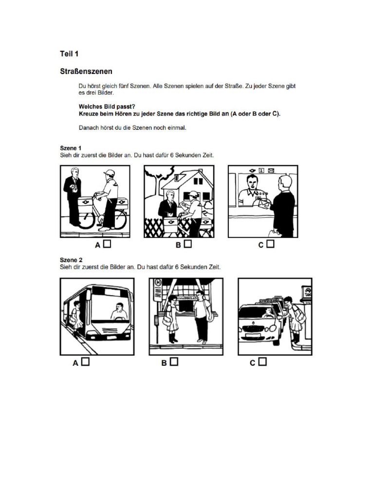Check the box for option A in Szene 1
tap(107, 245)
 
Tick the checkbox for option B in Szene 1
tap(188, 245)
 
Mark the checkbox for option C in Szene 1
tap(271, 245)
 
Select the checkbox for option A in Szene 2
tap(85, 362)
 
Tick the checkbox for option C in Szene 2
tap(262, 362)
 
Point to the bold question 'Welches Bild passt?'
tap(106, 106)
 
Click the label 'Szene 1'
tap(70, 148)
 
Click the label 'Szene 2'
tap(70, 260)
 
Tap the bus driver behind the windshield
tap(118, 311)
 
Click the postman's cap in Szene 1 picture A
tap(109, 173)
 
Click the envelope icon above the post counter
tap(271, 170)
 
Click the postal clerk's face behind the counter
tap(251, 183)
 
